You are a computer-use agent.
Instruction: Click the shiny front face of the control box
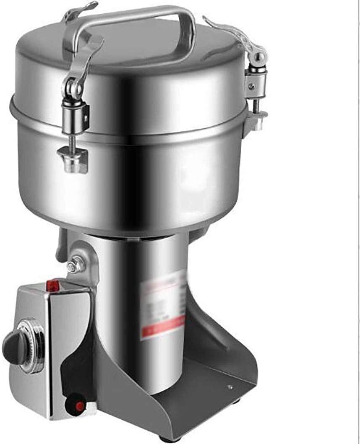click(69, 356)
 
